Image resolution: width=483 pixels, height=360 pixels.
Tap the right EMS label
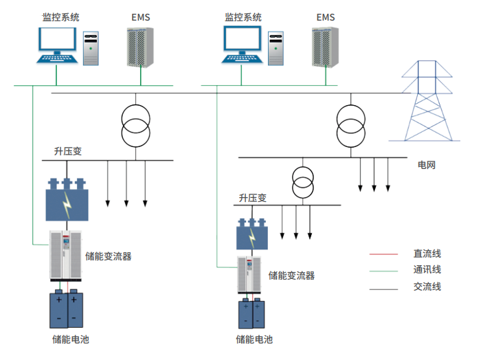point(325,16)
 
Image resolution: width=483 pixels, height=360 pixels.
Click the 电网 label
point(427,166)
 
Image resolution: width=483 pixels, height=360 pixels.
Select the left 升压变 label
point(68,151)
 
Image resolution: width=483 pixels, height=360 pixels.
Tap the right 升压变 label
point(252,198)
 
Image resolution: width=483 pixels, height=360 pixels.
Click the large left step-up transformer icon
point(67,201)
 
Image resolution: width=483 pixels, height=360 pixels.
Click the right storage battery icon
point(251,314)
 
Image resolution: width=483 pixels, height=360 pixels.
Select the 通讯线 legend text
point(427,270)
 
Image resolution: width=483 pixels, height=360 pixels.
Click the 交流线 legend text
point(427,286)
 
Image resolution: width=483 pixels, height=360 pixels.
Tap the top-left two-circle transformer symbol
point(135,124)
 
